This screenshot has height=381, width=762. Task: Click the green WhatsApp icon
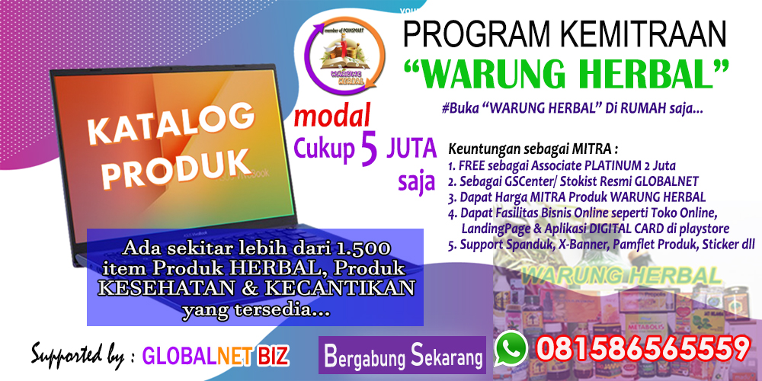(511, 348)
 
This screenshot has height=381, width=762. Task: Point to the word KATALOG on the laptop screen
(171, 125)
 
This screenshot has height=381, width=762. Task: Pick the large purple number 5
(369, 149)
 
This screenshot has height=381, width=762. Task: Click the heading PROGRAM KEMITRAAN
(565, 34)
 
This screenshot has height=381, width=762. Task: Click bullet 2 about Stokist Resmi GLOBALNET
(571, 180)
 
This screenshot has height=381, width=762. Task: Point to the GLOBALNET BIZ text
(216, 356)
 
